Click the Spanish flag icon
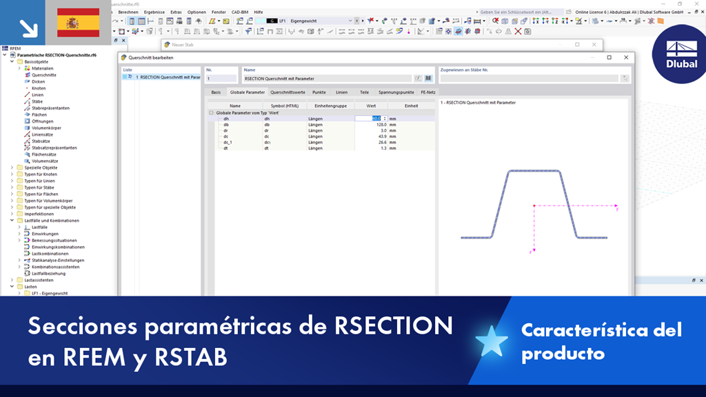[77, 23]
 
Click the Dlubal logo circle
[681, 54]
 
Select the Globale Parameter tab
[247, 92]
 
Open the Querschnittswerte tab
[288, 92]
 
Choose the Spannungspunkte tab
[396, 92]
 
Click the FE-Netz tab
[428, 92]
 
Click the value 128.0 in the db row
[376, 125]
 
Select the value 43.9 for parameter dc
[376, 136]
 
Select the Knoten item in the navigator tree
[39, 88]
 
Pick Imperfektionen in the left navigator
[39, 214]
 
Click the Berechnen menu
[128, 12]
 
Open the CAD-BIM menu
[240, 12]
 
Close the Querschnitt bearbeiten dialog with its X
[626, 57]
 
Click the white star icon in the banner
[492, 341]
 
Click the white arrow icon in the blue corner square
[28, 28]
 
